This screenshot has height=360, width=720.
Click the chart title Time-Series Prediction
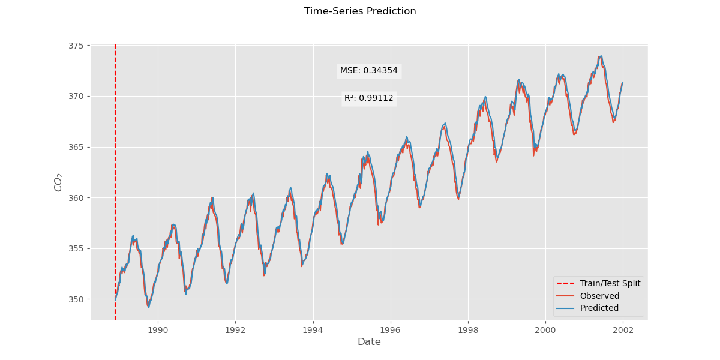point(360,11)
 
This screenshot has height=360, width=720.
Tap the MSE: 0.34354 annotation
point(368,71)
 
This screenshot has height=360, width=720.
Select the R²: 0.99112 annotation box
point(368,98)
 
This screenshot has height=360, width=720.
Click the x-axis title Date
point(369,342)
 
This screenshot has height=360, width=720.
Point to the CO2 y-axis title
point(59,182)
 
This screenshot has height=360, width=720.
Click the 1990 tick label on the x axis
point(158,329)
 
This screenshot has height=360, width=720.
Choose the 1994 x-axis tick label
point(313,329)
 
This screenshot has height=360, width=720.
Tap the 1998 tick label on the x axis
point(468,329)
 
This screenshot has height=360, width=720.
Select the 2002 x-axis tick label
point(623,329)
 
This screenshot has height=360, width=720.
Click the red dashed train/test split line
point(115,180)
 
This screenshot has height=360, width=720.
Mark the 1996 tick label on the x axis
point(391,329)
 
